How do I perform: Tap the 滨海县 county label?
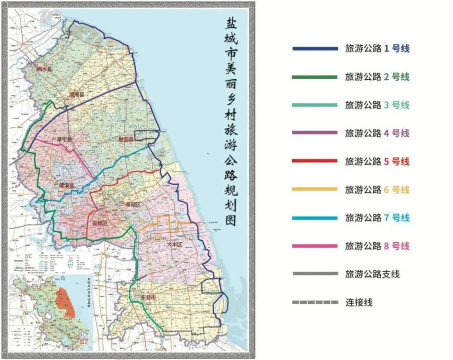(x=77, y=95)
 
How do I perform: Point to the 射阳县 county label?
(x=125, y=140)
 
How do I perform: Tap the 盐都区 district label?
(x=100, y=223)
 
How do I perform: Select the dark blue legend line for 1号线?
(x=315, y=48)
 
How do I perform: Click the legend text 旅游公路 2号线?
(x=377, y=77)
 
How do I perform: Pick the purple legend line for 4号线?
(x=315, y=133)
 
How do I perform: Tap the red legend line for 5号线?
(x=315, y=161)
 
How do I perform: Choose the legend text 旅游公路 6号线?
(x=377, y=190)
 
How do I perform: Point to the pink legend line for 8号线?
(x=315, y=246)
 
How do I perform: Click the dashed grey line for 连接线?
(x=315, y=302)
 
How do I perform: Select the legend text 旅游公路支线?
(x=372, y=274)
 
